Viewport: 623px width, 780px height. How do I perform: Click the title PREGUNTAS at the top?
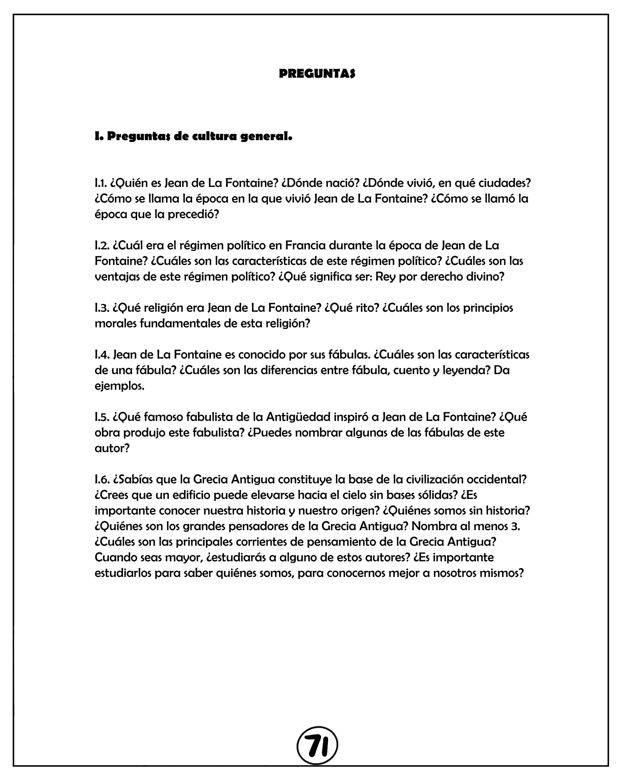coord(317,74)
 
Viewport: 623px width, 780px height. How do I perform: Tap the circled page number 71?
coord(317,746)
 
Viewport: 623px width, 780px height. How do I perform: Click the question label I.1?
coord(101,183)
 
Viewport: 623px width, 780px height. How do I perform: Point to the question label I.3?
coord(102,308)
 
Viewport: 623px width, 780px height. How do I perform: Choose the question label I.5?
coord(102,417)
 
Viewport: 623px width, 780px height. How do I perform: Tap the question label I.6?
coord(102,479)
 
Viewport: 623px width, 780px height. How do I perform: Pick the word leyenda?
coord(466,371)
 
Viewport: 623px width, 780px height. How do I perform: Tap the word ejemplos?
coord(119,386)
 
